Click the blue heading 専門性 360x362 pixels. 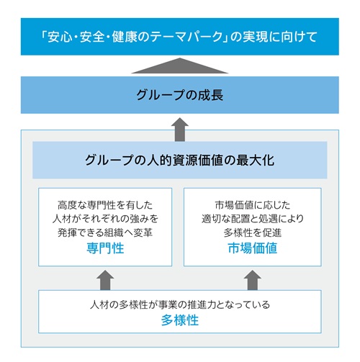pyautogui.click(x=105, y=248)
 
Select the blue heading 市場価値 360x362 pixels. pyautogui.click(x=253, y=248)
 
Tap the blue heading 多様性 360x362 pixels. pyautogui.click(x=180, y=320)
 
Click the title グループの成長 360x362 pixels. pyautogui.click(x=180, y=95)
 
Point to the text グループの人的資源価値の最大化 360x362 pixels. pyautogui.click(x=180, y=160)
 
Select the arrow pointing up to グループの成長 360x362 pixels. pyautogui.click(x=180, y=130)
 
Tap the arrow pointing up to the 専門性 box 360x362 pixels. pyautogui.click(x=105, y=280)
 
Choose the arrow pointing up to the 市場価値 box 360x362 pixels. pyautogui.click(x=253, y=280)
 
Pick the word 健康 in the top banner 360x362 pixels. pyautogui.click(x=124, y=37)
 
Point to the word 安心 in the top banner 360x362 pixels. pyautogui.click(x=60, y=37)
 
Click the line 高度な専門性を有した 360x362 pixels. pyautogui.click(x=105, y=205)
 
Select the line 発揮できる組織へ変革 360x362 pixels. pyautogui.click(x=105, y=232)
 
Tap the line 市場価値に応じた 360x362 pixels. pyautogui.click(x=253, y=205)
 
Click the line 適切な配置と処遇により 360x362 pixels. pyautogui.click(x=253, y=219)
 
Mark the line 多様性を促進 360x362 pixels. pyautogui.click(x=253, y=232)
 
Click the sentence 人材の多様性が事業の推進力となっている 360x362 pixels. pyautogui.click(x=180, y=304)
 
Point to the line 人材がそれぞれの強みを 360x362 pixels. pyautogui.click(x=105, y=219)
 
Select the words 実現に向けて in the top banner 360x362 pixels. pyautogui.click(x=280, y=37)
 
